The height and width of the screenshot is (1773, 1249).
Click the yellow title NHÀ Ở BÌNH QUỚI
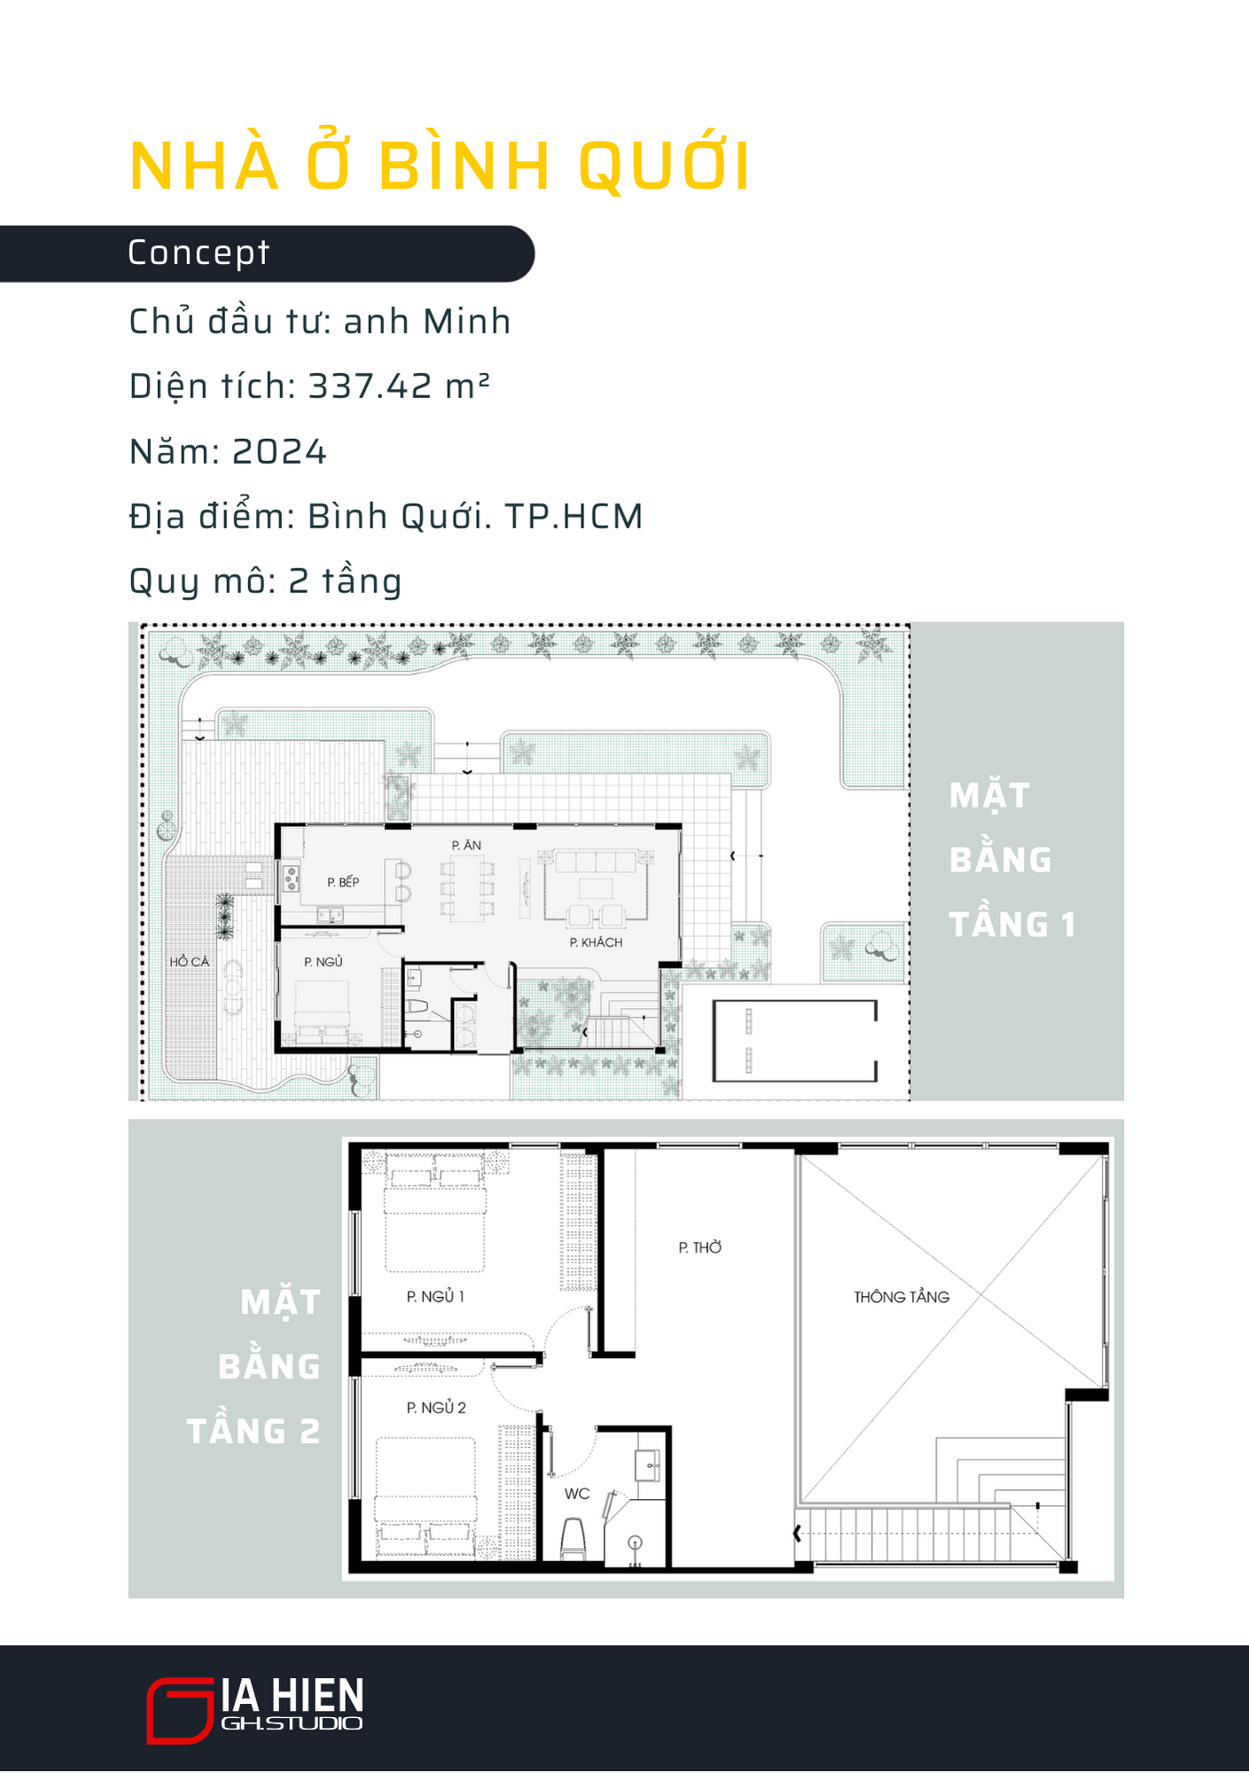[440, 165]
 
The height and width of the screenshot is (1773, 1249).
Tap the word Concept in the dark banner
[198, 254]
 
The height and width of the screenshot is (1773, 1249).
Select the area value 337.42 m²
[399, 386]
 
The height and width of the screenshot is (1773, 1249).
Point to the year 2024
[279, 452]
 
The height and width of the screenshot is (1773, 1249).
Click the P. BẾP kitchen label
[343, 882]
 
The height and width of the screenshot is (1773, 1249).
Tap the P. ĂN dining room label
[466, 845]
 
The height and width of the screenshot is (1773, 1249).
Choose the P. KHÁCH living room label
[596, 942]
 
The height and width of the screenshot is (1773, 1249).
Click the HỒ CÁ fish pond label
[190, 961]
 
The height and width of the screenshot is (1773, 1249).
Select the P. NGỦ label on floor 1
[323, 962]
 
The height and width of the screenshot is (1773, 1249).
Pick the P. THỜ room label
[700, 1247]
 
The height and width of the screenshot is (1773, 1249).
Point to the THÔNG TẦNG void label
[902, 1297]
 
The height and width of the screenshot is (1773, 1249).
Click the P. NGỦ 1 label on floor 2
[435, 1296]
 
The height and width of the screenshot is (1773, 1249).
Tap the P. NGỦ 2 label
[436, 1407]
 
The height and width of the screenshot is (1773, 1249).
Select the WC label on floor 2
[577, 1494]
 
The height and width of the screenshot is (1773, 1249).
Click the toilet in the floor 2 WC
[574, 1538]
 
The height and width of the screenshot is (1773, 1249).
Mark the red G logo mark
[180, 1710]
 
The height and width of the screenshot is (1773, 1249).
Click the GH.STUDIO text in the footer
[292, 1723]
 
